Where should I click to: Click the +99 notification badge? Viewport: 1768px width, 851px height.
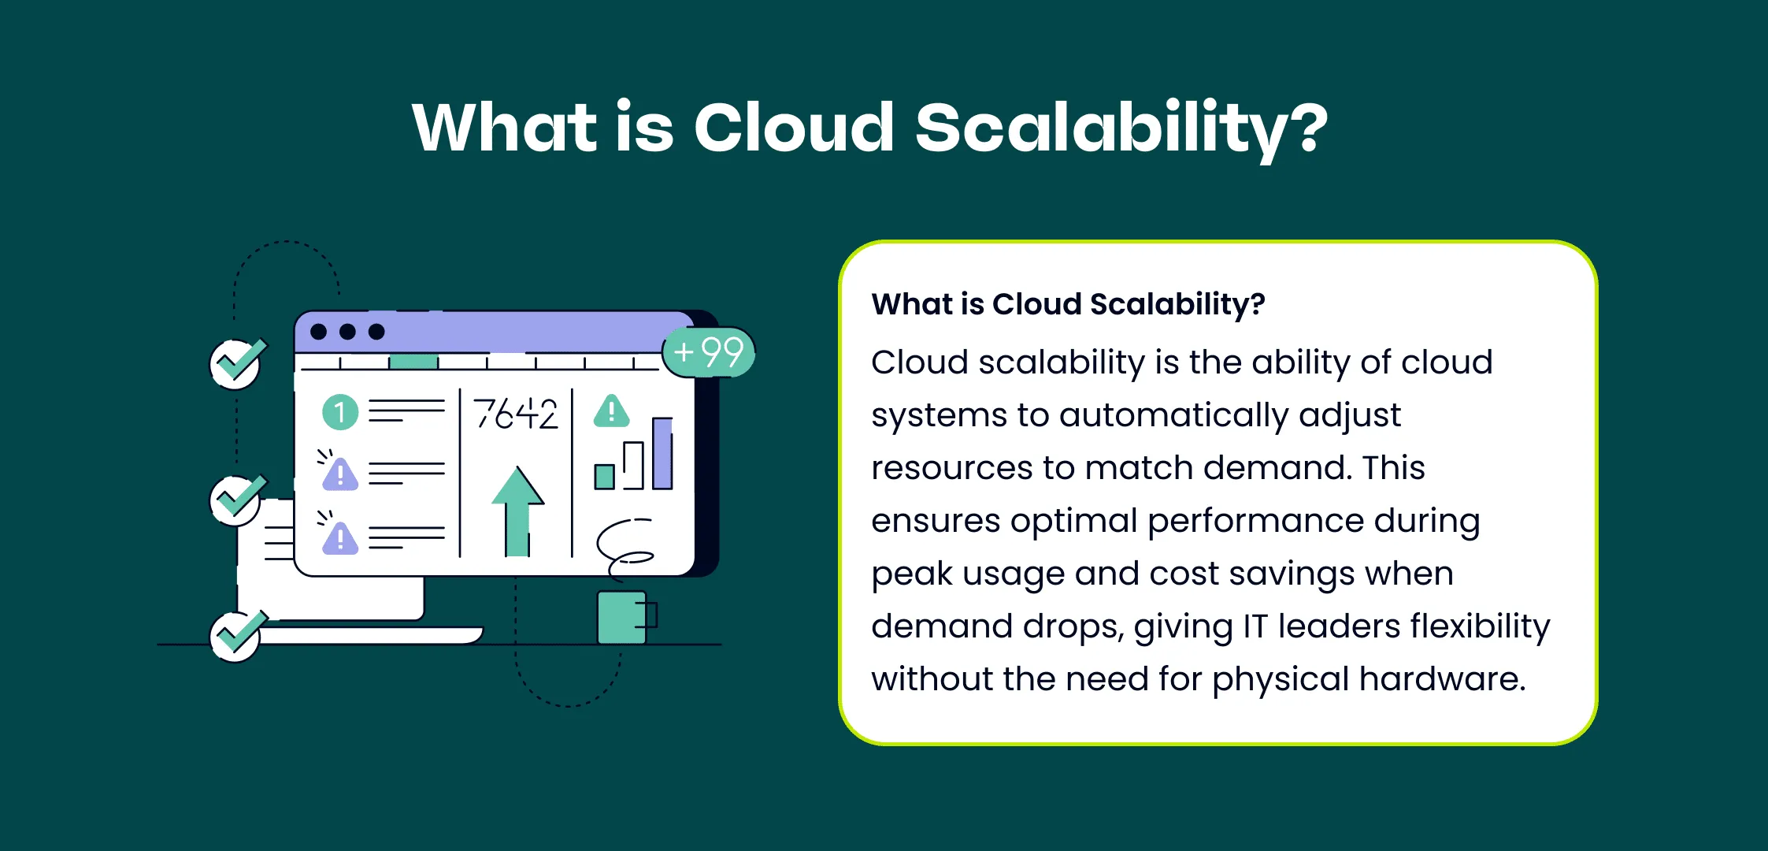709,351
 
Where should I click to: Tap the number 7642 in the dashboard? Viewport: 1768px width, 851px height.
515,414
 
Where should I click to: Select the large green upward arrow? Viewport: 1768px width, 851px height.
517,511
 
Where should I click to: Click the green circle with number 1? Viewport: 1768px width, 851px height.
340,412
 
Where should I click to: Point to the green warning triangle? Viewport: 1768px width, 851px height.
611,411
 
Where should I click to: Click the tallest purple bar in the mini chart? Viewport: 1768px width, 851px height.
662,453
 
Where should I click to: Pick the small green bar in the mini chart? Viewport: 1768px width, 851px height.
604,477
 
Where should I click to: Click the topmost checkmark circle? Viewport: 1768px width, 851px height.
236,364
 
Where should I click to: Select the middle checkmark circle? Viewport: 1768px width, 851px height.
236,500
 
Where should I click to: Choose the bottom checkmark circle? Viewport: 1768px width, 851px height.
236,636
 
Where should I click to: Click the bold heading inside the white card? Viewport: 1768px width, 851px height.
1068,304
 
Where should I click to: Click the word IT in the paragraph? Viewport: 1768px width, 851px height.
1255,626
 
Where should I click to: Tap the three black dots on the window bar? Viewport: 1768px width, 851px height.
347,332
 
